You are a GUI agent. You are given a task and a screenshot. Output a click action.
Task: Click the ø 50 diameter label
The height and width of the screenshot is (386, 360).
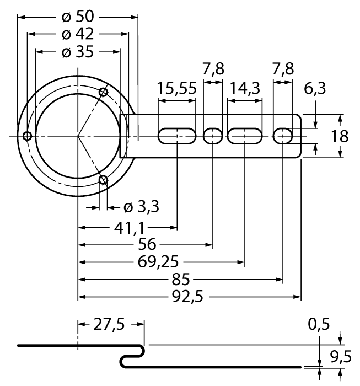point(78,15)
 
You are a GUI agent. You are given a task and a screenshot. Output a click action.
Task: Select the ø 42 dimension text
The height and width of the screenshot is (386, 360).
point(78,34)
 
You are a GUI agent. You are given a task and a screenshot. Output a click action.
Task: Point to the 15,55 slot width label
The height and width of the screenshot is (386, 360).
point(176,89)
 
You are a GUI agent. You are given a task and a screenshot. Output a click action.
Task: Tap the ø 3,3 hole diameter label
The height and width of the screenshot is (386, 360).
point(141,207)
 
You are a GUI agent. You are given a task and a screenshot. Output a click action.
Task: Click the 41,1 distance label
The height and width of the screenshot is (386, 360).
point(128,226)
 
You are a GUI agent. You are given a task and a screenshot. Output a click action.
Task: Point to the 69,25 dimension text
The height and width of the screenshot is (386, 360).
point(162,261)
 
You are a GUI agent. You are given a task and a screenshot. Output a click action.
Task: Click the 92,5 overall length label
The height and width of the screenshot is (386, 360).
point(188,297)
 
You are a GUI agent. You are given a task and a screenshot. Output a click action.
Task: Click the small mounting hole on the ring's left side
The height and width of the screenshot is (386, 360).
point(26,136)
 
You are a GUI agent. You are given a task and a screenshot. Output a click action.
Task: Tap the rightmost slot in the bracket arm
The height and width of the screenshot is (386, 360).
point(283,136)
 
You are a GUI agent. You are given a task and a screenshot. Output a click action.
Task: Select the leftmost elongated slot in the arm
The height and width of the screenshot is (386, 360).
point(177,136)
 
